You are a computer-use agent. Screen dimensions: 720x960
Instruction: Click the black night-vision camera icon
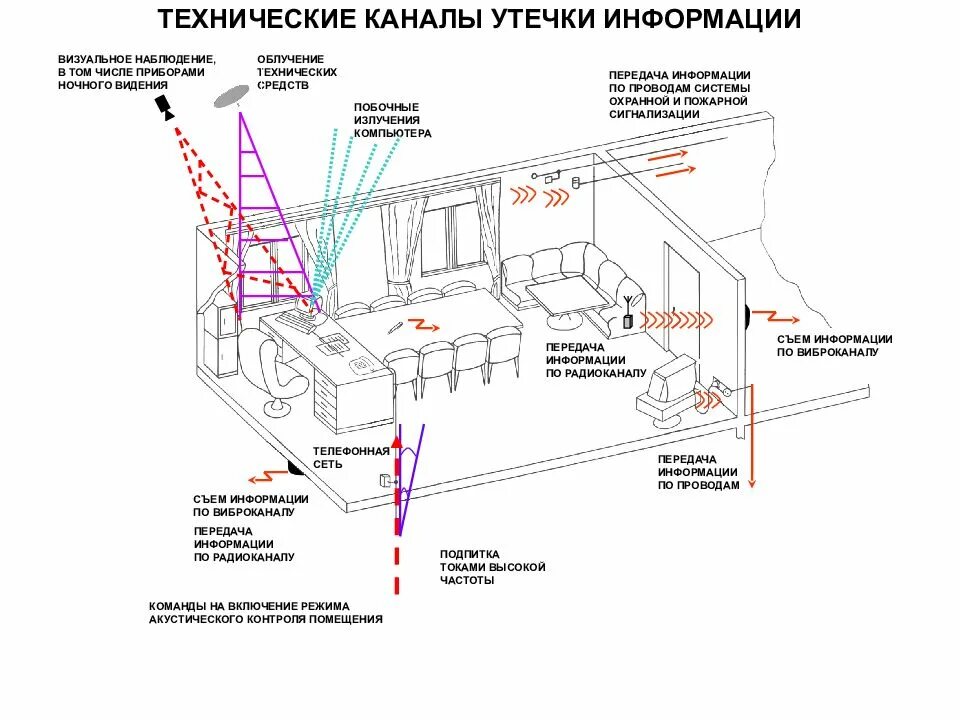165,106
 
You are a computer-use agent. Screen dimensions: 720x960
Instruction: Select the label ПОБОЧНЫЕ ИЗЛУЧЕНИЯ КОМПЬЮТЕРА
392,120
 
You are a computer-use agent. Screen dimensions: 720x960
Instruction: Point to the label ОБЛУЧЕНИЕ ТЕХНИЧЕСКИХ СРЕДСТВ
296,73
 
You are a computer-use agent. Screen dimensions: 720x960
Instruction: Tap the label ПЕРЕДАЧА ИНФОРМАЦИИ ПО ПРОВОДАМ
698,472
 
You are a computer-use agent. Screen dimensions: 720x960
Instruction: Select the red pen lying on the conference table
396,327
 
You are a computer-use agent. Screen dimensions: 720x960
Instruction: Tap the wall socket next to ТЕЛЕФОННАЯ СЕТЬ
385,481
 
